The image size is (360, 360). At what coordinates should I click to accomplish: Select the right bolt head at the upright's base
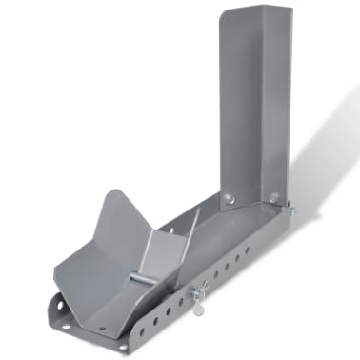pos(276,197)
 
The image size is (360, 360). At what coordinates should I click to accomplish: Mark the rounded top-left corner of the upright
pos(225,16)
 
